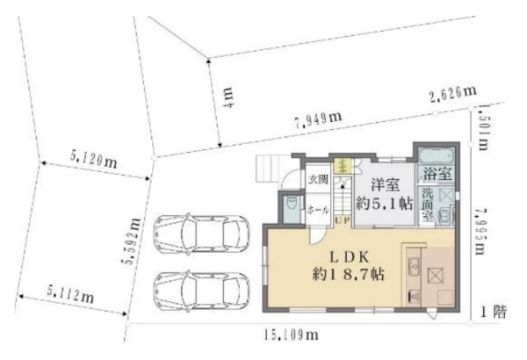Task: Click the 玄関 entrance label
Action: (317, 181)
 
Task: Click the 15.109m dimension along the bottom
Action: (287, 335)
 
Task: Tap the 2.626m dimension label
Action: (452, 93)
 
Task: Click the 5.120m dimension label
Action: (93, 160)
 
